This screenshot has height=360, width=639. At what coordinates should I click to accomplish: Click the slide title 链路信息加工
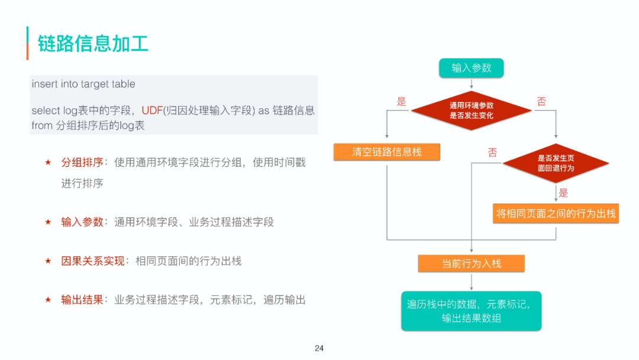point(93,44)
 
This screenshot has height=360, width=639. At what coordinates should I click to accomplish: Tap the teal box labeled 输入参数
point(471,67)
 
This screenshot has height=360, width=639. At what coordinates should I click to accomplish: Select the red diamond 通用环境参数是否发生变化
point(471,110)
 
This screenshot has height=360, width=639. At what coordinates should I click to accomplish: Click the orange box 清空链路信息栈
point(387,152)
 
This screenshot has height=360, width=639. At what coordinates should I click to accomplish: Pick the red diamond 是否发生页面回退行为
point(556,163)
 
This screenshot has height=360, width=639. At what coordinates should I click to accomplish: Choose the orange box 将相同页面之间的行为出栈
point(556,213)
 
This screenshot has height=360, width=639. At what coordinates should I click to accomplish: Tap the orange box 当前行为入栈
point(471,263)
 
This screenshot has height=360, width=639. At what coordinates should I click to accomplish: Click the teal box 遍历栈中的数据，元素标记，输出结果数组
point(471,311)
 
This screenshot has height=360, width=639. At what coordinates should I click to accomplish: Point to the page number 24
point(319,348)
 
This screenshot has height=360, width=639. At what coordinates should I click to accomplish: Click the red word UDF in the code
point(152,111)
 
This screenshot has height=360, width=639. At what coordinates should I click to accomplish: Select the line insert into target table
point(83,84)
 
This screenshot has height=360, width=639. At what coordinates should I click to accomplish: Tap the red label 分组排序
point(82,162)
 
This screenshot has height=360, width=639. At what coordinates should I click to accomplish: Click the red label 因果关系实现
point(93,261)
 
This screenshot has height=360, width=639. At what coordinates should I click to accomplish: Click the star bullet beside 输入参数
point(48,222)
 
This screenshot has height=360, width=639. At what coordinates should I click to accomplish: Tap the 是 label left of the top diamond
point(402,101)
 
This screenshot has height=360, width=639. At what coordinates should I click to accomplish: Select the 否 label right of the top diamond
point(541,101)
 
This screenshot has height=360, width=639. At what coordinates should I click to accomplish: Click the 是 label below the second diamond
point(563,192)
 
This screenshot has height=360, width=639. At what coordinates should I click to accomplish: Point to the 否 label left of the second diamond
point(492,153)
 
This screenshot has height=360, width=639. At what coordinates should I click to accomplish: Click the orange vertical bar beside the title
point(27,43)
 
